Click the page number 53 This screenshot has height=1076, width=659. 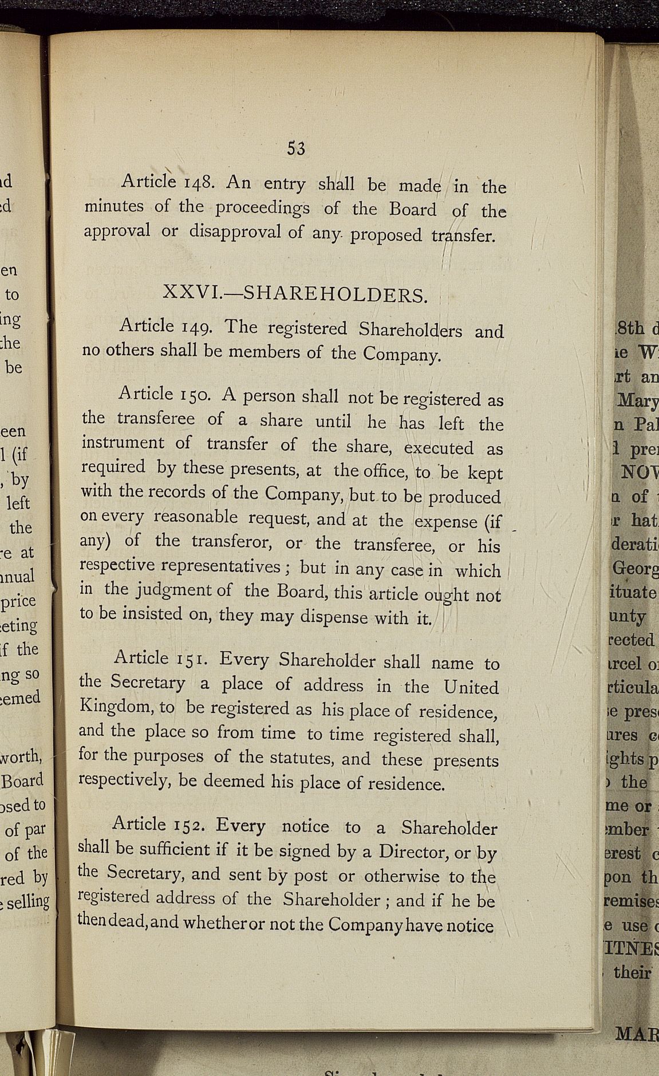296,148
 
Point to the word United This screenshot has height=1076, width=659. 471,687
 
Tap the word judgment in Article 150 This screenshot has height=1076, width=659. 167,589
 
